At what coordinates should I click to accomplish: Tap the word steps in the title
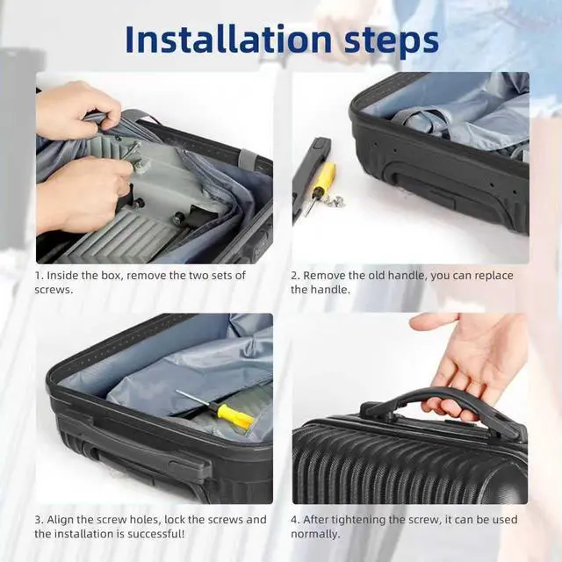click(392, 41)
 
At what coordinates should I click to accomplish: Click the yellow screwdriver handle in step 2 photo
click(325, 178)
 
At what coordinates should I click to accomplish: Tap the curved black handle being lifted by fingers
click(441, 405)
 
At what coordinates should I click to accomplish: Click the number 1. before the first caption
click(39, 275)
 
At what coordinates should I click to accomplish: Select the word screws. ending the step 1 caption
click(54, 290)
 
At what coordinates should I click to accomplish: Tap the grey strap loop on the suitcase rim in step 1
click(248, 157)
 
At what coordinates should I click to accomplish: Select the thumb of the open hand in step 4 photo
click(433, 322)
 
